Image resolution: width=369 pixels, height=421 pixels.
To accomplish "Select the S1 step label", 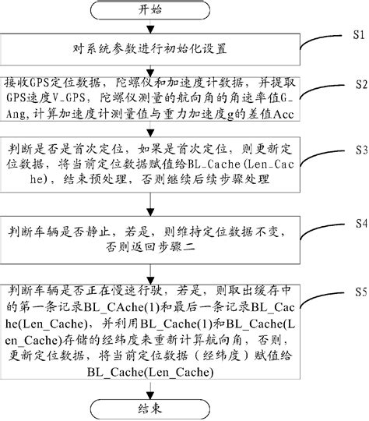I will [x=358, y=35].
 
